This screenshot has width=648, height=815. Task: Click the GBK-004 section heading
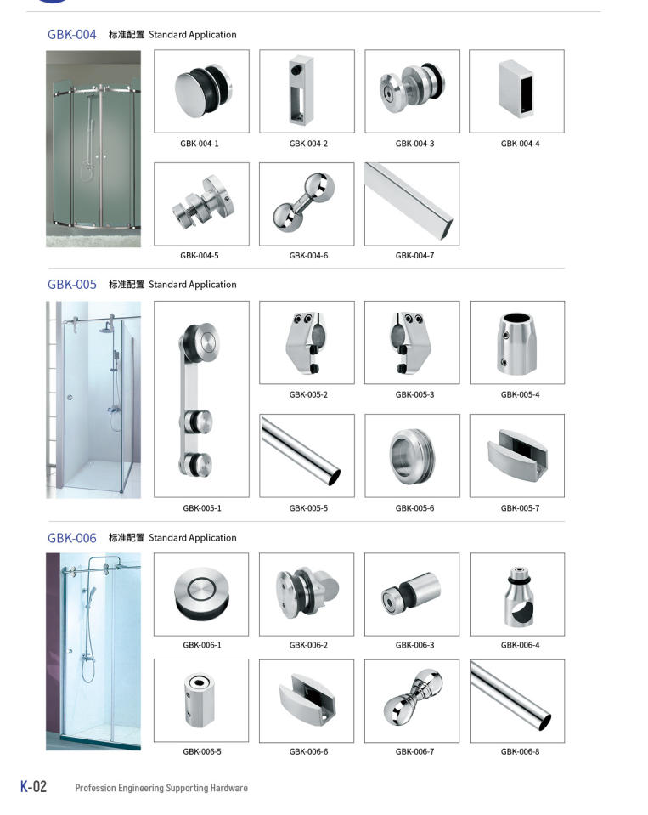[71, 34]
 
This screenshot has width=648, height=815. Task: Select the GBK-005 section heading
[71, 285]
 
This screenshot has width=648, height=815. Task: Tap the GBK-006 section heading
[71, 537]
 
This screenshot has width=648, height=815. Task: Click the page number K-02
[33, 786]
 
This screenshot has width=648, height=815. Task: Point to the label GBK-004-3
[414, 144]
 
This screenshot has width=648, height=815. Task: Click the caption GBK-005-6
[414, 508]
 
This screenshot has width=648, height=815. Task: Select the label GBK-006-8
[520, 751]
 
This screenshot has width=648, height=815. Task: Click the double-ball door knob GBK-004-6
[304, 202]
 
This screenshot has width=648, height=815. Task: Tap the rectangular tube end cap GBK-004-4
[516, 89]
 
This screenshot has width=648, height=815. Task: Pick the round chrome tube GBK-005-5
[301, 451]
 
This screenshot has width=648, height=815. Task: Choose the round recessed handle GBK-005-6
[412, 456]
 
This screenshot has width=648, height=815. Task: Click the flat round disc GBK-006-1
[201, 593]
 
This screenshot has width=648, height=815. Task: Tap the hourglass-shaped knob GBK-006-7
[414, 698]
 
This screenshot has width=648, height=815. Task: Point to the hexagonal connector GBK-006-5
[200, 699]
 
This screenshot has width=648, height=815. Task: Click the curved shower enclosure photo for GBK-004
[93, 149]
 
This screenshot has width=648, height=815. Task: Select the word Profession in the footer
[95, 788]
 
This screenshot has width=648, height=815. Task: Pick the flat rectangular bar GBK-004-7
[409, 201]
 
